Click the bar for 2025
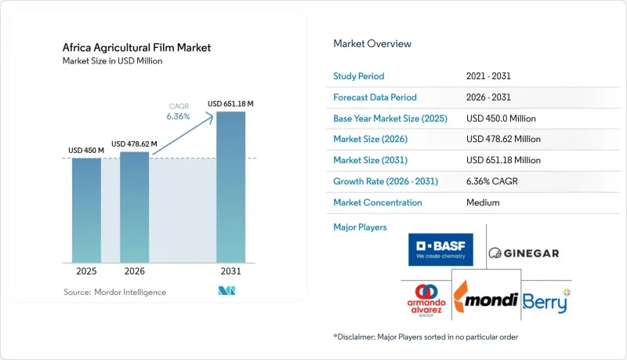click(x=86, y=210)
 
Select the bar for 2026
click(x=134, y=207)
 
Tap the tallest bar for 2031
click(x=230, y=187)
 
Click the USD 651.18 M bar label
click(x=230, y=104)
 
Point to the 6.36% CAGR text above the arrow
click(x=179, y=116)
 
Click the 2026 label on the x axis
click(x=134, y=271)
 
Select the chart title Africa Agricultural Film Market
click(x=136, y=48)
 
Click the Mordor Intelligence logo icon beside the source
click(x=227, y=291)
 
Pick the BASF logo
click(x=440, y=249)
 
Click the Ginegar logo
click(x=524, y=253)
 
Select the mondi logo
click(x=486, y=297)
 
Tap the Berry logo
click(x=546, y=301)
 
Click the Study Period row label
click(x=359, y=76)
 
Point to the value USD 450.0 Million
click(x=501, y=118)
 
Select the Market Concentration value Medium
click(x=483, y=202)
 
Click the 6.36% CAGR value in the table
click(x=492, y=181)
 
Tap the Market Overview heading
click(x=372, y=44)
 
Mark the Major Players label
click(x=360, y=227)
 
